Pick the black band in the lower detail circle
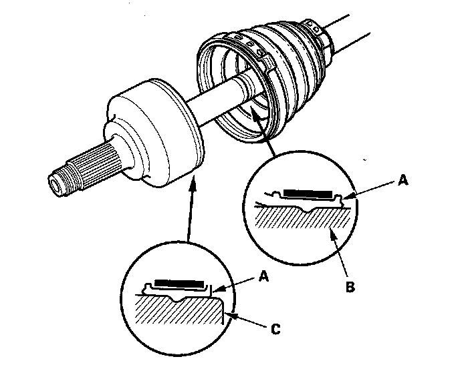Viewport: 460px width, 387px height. (x=177, y=283)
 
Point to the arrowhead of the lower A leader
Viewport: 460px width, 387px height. (x=214, y=288)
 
